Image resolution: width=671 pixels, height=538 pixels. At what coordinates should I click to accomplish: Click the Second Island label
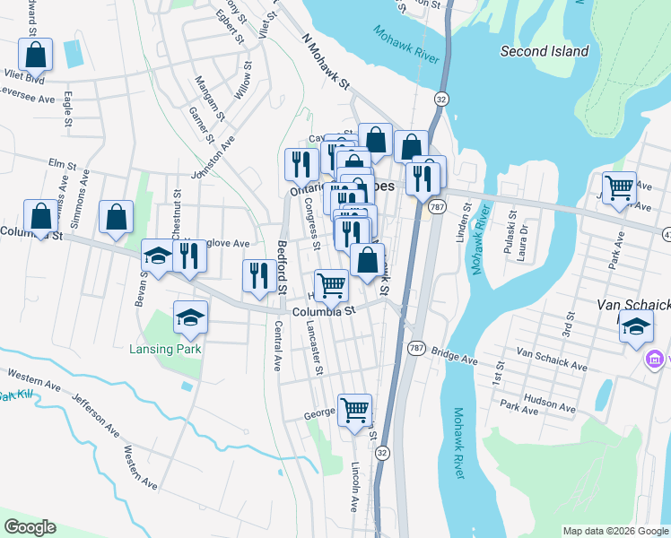click(x=545, y=52)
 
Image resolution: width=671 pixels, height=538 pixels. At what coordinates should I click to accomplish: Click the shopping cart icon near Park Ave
click(x=619, y=188)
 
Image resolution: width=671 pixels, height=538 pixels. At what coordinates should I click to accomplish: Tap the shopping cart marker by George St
click(x=355, y=410)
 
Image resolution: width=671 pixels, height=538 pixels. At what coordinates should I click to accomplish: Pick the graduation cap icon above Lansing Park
click(x=190, y=317)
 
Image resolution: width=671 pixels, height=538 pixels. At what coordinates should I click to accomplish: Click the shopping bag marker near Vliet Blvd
click(x=36, y=55)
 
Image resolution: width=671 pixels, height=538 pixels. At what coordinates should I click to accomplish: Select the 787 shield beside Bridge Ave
click(x=415, y=348)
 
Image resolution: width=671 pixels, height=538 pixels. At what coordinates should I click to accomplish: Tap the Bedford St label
click(x=281, y=266)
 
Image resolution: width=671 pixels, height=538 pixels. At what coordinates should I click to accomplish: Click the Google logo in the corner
click(x=30, y=527)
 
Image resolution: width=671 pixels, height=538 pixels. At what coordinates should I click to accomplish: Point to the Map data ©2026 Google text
click(x=614, y=531)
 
